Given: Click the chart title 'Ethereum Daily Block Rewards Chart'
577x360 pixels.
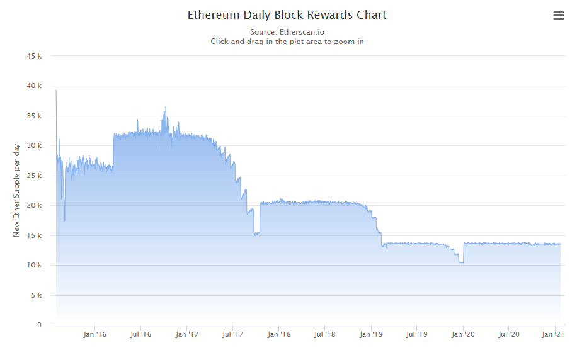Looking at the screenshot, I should pos(287,14).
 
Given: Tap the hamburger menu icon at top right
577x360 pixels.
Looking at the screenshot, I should pos(558,16).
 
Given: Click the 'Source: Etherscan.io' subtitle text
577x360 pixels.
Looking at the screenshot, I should pos(287,31).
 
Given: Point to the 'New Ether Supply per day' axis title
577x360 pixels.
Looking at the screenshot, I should pos(17,190).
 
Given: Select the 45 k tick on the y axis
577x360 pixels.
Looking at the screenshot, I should pos(35,56).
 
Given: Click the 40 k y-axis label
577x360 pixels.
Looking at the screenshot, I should pos(35,86).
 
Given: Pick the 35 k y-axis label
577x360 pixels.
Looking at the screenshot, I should pos(35,116).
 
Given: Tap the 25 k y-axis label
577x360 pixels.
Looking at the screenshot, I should pos(35,176).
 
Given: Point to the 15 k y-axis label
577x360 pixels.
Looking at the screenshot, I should pos(35,235).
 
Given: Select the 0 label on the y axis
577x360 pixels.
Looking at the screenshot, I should pos(39,325).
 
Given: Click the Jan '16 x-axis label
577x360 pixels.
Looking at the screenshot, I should pos(95,334).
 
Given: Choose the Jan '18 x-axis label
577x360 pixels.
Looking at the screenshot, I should pos(279,334).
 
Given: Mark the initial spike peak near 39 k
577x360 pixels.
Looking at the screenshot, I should pos(56,91).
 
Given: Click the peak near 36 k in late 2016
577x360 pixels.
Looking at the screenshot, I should pos(166,108).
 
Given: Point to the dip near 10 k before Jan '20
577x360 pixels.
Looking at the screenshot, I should pos(461,262).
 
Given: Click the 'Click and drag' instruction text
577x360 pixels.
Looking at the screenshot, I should pos(287,42).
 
